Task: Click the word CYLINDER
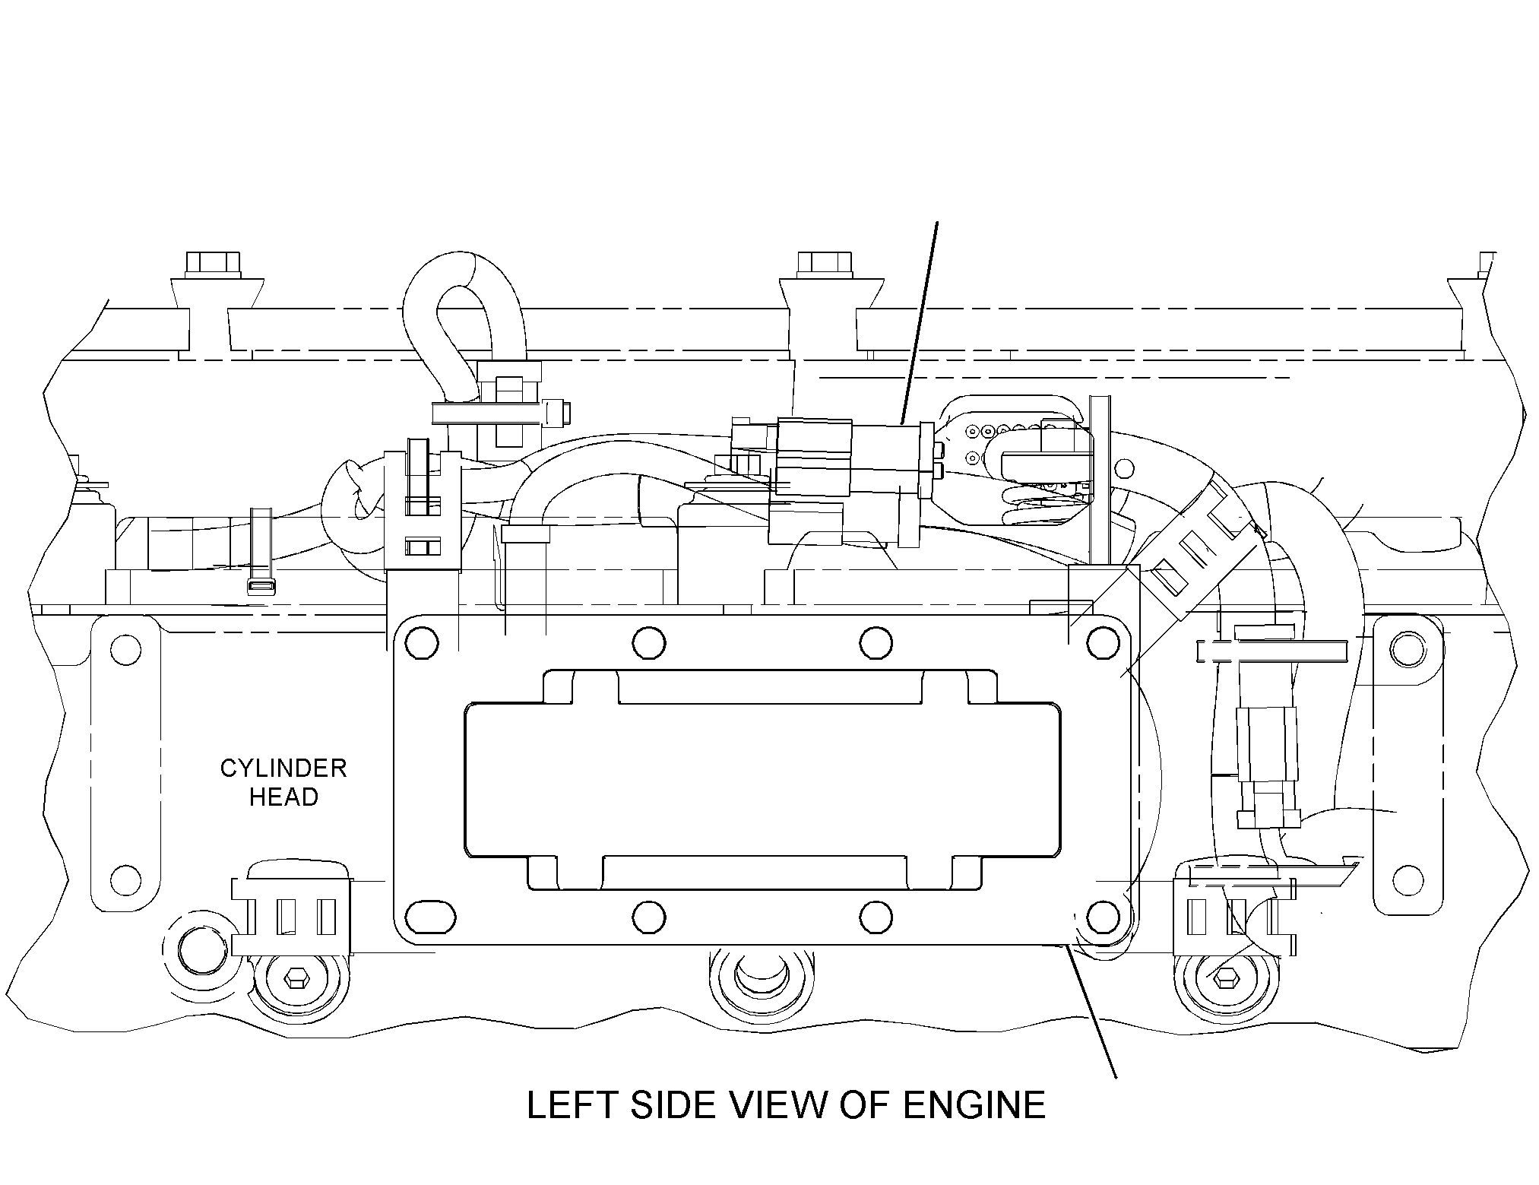pos(283,768)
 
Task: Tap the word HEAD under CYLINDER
pos(283,797)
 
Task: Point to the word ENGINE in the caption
pos(974,1105)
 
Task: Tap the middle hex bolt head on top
pos(824,265)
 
